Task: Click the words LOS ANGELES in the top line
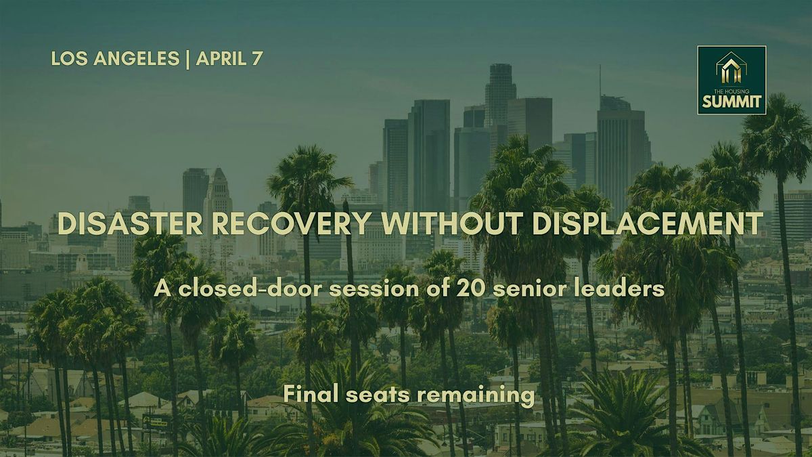coord(115,58)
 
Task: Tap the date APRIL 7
coord(229,58)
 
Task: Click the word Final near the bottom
coord(311,393)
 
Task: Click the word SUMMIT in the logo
coord(731,102)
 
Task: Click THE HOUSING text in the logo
coord(731,91)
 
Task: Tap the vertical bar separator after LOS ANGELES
coord(187,59)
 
